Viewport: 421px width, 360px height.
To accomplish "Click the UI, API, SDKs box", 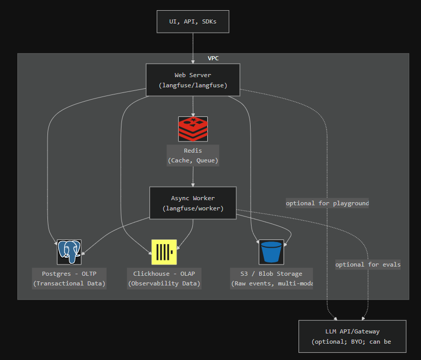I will (193, 21).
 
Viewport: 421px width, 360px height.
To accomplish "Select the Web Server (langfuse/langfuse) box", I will (193, 80).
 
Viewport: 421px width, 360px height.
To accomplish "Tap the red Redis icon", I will (193, 129).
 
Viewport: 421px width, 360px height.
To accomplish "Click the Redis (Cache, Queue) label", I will (193, 156).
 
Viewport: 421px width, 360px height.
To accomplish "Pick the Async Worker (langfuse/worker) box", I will (193, 203).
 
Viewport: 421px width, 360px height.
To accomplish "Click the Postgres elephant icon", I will (69, 252).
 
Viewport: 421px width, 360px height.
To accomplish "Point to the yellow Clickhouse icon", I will (164, 252).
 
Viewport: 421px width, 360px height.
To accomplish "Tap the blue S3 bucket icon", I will (271, 252).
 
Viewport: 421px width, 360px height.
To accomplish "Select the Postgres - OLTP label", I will (69, 278).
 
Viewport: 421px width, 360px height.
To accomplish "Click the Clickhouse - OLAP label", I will (164, 278).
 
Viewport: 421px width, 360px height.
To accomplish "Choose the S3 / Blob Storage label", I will (271, 278).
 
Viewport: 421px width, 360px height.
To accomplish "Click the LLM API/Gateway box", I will (352, 337).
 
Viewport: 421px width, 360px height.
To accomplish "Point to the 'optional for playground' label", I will (327, 203).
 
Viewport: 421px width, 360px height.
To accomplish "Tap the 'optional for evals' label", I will (367, 265).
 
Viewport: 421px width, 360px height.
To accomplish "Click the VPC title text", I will (213, 58).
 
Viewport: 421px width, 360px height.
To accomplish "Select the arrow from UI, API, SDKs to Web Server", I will (193, 49).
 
